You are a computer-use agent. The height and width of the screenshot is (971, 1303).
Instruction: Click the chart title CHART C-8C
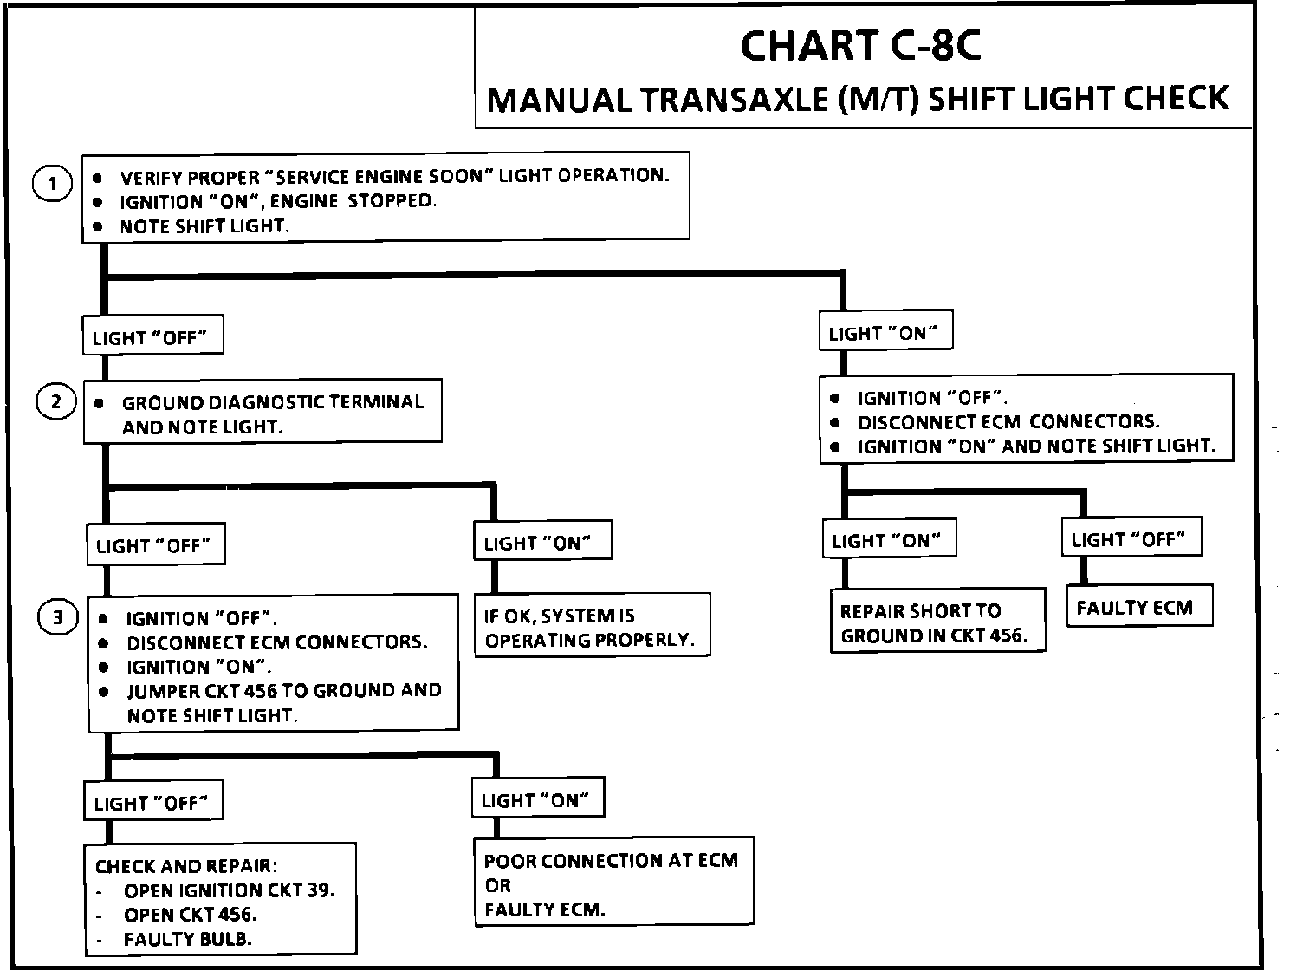859,46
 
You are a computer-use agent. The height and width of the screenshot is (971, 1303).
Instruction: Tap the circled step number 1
53,183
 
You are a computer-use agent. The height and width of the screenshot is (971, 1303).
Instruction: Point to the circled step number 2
56,402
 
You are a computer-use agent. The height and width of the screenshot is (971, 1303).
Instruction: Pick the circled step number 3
58,618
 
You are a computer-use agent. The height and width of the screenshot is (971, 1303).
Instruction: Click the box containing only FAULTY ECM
1138,608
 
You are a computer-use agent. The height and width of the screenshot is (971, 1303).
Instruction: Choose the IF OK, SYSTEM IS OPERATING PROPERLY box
590,627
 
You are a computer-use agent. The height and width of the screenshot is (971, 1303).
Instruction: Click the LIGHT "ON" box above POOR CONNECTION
537,800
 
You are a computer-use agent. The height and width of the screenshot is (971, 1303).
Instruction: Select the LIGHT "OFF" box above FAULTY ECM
1131,539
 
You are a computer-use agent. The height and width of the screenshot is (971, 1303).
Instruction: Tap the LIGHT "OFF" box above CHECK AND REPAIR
152,803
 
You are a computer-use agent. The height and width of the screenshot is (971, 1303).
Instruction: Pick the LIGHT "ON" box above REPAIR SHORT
886,541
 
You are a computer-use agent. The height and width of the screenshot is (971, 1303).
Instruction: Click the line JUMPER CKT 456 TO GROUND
283,691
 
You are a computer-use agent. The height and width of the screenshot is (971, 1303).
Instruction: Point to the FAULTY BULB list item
187,939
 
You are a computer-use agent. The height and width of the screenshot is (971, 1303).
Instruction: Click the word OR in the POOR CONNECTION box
498,886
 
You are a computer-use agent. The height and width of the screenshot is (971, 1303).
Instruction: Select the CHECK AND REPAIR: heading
186,866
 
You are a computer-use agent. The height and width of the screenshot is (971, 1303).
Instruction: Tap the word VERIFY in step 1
151,178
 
